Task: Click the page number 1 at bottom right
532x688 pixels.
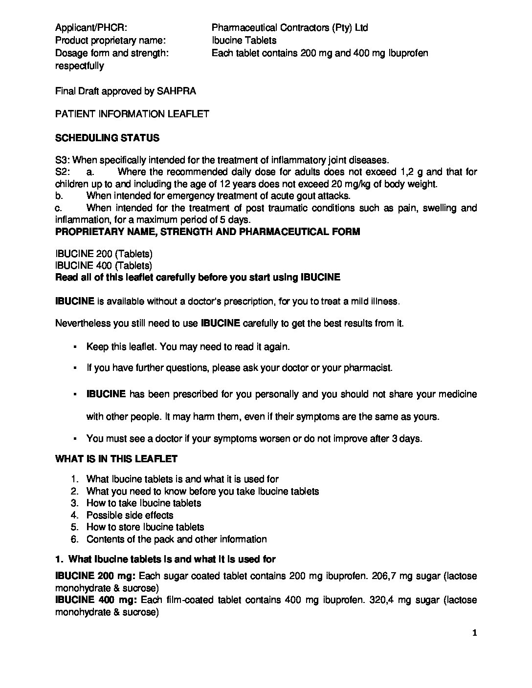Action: pos(473,634)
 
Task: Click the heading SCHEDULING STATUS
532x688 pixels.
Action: pos(107,138)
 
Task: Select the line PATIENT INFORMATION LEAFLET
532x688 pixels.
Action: pos(132,114)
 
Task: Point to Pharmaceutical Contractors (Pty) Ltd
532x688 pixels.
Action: pos(289,28)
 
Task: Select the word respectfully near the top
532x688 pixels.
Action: pos(79,66)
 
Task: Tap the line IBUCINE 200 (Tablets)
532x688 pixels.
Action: pos(104,254)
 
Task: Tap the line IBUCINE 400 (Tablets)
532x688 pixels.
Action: pos(104,266)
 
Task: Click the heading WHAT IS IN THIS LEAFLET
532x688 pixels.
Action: pos(116,459)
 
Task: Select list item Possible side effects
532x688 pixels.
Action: pos(130,515)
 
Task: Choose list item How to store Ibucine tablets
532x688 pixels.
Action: pos(145,527)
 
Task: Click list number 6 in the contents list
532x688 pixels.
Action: pos(74,539)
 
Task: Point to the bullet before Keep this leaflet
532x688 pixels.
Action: pos(74,347)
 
